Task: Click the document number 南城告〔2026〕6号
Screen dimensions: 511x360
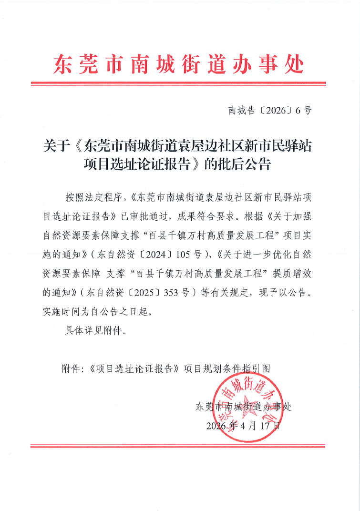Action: point(270,111)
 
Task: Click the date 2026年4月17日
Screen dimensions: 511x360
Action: point(243,426)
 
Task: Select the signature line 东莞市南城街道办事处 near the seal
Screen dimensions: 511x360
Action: point(243,407)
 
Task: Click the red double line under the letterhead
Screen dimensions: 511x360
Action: point(178,84)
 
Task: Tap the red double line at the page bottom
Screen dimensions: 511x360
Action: point(178,446)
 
